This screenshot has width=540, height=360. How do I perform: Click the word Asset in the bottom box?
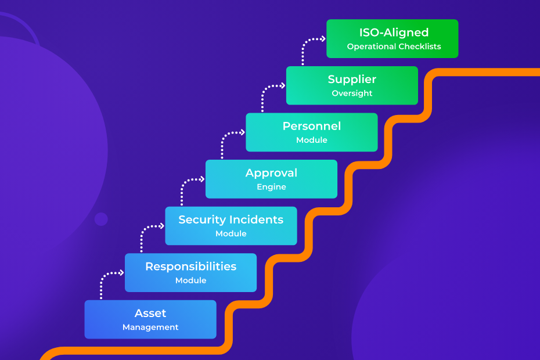[150, 314]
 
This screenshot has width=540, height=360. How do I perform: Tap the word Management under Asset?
[150, 327]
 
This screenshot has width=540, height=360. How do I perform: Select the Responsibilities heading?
[190, 267]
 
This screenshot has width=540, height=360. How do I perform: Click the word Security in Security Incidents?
[201, 220]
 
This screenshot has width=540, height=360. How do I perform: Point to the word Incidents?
[256, 220]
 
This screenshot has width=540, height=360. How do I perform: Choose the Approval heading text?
[271, 173]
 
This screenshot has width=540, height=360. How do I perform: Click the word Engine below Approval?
[271, 187]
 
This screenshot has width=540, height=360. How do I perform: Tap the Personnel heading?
[311, 126]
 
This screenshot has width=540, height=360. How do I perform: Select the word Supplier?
[352, 80]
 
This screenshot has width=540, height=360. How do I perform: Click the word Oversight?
[352, 93]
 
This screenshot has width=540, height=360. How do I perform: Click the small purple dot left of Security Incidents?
[101, 219]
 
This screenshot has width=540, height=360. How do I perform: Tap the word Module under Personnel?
[311, 140]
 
